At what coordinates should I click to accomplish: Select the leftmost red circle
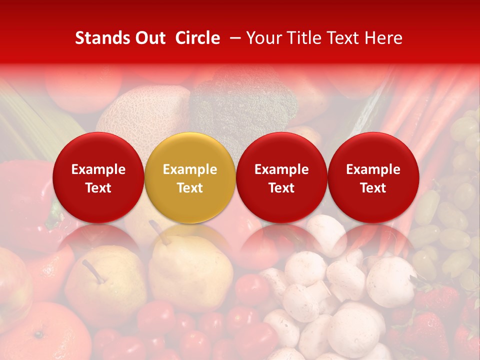(98, 177)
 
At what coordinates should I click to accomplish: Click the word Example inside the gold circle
(190, 169)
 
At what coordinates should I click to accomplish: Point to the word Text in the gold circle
(190, 188)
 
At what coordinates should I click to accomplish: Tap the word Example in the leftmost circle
(98, 169)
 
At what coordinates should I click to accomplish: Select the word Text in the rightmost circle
(373, 188)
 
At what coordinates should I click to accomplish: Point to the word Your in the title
(262, 38)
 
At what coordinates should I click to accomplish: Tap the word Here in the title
(384, 38)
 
